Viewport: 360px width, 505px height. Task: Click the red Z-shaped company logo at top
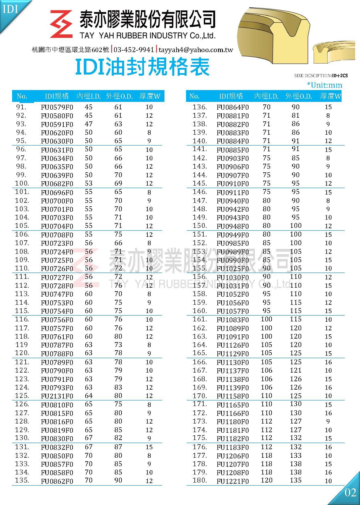coord(61,24)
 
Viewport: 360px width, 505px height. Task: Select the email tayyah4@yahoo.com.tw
coord(196,50)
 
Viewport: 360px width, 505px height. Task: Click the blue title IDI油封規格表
coord(142,67)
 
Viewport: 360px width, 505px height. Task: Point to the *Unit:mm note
coord(325,85)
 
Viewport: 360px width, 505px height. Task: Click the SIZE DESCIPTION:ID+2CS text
coord(321,76)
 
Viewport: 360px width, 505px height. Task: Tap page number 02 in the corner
coord(350,493)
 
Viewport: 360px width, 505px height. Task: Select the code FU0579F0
coord(57,107)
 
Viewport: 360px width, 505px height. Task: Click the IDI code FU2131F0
coord(57,396)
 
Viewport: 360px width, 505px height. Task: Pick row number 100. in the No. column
coord(22,183)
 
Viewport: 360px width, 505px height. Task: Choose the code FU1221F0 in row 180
coord(233,481)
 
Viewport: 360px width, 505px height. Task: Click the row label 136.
coord(200,107)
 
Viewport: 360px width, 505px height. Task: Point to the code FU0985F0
coord(233,243)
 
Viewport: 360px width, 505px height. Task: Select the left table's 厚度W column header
coord(150,96)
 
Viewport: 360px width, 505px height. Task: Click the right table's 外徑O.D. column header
coord(299,96)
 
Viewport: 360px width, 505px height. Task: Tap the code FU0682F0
coord(57,184)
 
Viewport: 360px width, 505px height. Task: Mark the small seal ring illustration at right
coord(336,52)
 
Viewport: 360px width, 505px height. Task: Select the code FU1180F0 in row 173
coord(233,422)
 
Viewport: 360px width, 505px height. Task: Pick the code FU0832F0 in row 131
coord(57,447)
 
